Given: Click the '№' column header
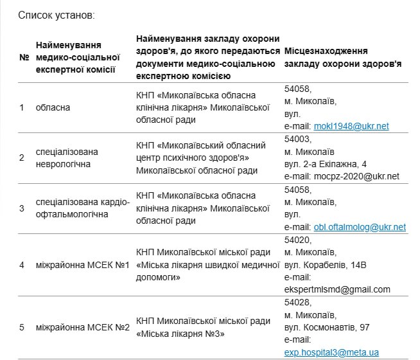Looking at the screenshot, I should coord(24,57).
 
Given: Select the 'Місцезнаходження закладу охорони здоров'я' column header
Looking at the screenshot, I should coord(343,57).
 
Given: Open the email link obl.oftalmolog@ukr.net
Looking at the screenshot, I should coord(360,227).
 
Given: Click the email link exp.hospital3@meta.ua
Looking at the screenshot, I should coord(331,352).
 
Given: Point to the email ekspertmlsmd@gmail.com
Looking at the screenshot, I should coord(337,289).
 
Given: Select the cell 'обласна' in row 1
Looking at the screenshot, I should coord(53,107).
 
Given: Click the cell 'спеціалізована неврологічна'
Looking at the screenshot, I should coord(68,158).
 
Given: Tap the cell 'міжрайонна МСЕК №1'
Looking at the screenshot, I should coord(83,264).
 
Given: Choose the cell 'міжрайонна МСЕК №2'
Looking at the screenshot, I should coord(83,327).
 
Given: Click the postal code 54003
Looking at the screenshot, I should coord(297,139).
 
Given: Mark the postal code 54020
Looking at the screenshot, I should coord(297,239).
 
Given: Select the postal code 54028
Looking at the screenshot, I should coord(297,302).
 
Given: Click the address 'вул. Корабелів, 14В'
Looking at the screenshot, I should coord(325,264).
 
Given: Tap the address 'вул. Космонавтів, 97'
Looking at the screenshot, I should coord(327,327).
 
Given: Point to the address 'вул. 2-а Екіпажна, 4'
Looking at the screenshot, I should coord(326,164).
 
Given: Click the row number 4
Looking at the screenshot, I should coord(22,264).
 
